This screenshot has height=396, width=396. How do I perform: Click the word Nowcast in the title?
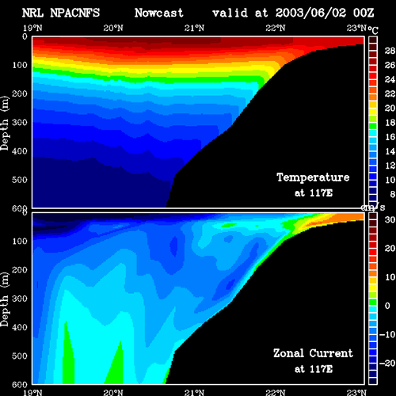159,13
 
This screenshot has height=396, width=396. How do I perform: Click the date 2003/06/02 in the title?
310,13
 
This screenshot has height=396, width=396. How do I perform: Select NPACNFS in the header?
75,13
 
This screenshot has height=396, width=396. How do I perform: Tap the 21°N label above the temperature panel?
194,28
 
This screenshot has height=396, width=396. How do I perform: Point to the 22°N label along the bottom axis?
276,392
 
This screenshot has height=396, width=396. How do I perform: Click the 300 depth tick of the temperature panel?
20,123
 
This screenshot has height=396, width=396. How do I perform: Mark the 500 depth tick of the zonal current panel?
20,356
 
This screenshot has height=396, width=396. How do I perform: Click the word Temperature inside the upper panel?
313,177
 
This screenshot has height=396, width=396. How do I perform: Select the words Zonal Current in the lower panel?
313,353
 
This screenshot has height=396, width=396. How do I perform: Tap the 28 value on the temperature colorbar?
390,51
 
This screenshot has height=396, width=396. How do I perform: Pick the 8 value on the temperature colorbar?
393,194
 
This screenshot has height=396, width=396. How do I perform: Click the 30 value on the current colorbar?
390,219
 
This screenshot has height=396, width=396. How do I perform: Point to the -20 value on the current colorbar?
387,364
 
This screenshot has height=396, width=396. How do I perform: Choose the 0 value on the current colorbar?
387,306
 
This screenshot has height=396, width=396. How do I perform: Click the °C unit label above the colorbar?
373,30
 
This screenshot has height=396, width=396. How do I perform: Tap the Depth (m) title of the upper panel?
5,124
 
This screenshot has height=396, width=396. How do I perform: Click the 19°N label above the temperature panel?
32,28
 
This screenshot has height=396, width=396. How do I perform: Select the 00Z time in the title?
364,13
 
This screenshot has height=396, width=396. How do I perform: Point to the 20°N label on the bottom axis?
113,392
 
